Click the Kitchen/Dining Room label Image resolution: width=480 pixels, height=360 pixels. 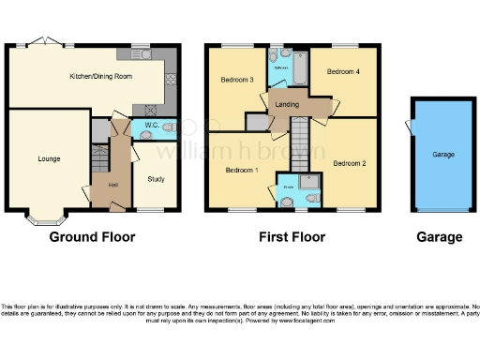[x=101, y=77]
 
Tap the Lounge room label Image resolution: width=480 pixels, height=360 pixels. [x=49, y=158]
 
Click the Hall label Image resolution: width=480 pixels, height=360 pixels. [x=112, y=185]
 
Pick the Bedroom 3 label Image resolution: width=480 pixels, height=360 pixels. [x=237, y=80]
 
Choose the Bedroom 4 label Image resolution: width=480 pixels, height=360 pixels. [x=343, y=71]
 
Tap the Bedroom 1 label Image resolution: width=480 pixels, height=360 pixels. [x=242, y=170]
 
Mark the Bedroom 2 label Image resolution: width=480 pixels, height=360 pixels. [x=350, y=163]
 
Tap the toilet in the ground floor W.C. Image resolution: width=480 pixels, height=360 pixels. [x=168, y=127]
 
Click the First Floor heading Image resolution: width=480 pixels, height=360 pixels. [x=293, y=237]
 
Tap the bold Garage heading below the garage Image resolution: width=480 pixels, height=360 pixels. [x=439, y=237]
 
